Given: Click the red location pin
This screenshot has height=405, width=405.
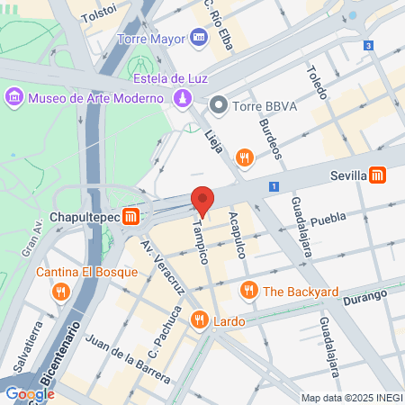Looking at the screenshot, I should (x=202, y=201).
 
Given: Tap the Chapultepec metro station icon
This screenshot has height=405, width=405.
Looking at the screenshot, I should (x=131, y=217).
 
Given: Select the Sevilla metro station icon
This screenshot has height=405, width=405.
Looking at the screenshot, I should (x=379, y=175).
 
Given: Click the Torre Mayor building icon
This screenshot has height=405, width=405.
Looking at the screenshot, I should (x=199, y=38).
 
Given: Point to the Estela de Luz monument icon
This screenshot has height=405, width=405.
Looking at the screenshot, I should (x=183, y=98).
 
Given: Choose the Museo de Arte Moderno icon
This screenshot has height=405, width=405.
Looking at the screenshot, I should (x=14, y=96).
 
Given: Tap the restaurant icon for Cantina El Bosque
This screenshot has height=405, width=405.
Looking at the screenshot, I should (x=60, y=291).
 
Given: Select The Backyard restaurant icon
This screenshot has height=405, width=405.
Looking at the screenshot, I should (x=247, y=291).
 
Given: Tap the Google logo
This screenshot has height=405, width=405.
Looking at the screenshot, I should (x=30, y=393).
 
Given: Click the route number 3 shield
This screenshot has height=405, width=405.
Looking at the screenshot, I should (x=368, y=45).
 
